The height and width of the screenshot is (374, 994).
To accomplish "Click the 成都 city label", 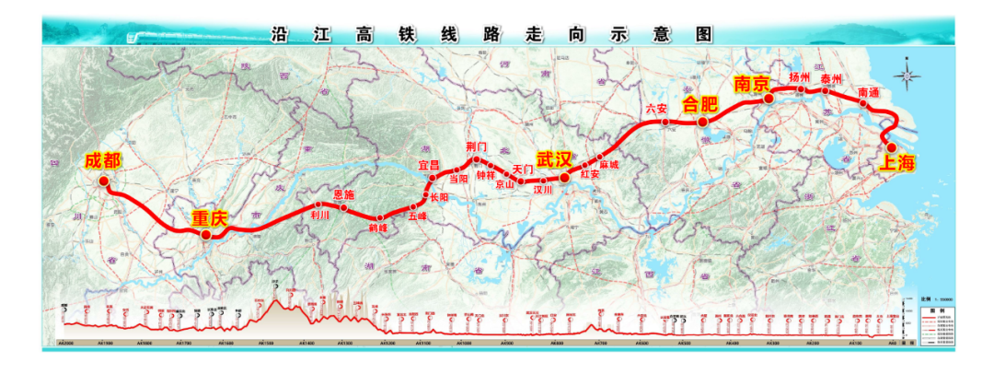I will pyautogui.click(x=102, y=160).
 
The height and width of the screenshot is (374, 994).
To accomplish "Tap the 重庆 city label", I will pyautogui.click(x=209, y=219).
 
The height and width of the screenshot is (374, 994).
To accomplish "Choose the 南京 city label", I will pyautogui.click(x=751, y=84).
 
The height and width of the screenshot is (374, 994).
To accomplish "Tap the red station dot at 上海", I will pyautogui.click(x=891, y=147).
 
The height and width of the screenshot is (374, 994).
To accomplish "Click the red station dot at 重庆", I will pyautogui.click(x=206, y=234).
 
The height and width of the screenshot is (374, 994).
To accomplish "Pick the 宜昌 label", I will pyautogui.click(x=430, y=164).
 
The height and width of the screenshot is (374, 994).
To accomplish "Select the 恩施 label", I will pyautogui.click(x=342, y=194).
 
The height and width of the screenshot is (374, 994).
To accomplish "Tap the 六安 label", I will pyautogui.click(x=656, y=109).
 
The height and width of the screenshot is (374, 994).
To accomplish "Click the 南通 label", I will pyautogui.click(x=868, y=93).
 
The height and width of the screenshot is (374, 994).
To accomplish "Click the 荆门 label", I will pyautogui.click(x=476, y=147).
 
